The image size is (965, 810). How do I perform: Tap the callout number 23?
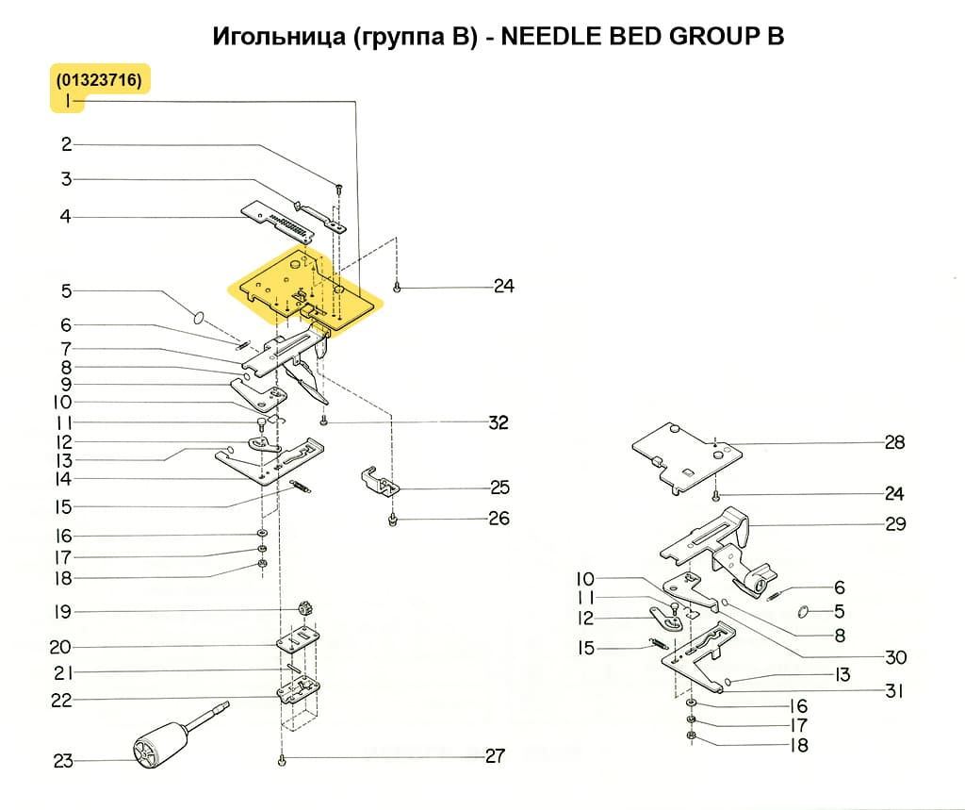63,761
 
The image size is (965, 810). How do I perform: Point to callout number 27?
495,756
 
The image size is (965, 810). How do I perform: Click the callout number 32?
498,422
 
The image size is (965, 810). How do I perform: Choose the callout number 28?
894,442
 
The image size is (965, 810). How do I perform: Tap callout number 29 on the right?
895,524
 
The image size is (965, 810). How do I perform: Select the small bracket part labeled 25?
380,480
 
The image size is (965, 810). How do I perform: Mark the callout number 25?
499,488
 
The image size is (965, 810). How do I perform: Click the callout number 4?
65,217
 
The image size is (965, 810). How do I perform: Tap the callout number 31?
894,691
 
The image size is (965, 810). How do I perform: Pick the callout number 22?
61,701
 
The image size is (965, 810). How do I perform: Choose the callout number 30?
895,657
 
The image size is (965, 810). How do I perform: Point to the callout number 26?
499,519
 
